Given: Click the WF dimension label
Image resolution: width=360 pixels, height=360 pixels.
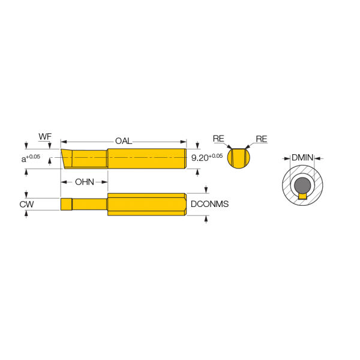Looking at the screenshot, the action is pos(45,136).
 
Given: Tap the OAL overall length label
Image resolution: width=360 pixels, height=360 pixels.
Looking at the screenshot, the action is pos(124,141).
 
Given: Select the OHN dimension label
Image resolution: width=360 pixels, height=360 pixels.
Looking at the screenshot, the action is pos(85,182).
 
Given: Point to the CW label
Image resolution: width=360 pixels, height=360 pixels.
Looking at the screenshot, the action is pos(26,204).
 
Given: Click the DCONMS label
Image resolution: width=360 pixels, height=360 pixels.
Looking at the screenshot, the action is pos(209,204).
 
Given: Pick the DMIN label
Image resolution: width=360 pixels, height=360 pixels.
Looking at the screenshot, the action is pos(302,157).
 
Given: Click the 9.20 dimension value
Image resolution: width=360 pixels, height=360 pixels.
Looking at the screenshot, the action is pos(200,158).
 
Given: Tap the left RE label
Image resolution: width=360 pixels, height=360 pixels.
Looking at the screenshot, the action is pos(218,139).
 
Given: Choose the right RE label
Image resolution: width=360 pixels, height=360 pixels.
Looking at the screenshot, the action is pos(262,139).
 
